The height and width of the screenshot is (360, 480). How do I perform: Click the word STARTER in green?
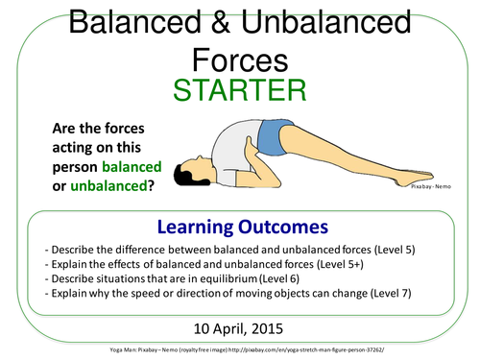pos(240,91)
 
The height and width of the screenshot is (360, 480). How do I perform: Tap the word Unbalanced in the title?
pos(316,20)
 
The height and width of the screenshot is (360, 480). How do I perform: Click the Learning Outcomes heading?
pos(240,227)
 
